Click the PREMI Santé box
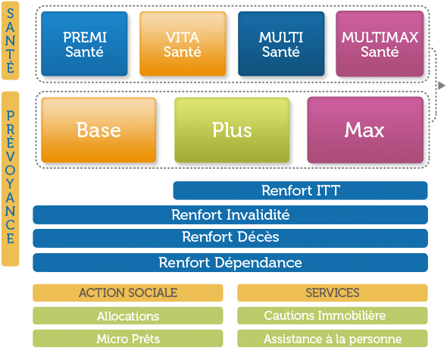(x=84, y=44)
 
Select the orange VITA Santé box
(x=183, y=44)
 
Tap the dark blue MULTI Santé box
(x=281, y=44)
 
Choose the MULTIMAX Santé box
(x=380, y=44)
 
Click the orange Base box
(x=98, y=130)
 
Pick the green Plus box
(x=232, y=130)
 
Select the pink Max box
(x=365, y=130)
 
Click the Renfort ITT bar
(x=301, y=190)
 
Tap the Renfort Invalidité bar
(x=230, y=214)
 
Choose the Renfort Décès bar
(x=230, y=238)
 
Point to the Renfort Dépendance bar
(x=230, y=262)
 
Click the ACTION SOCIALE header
(x=128, y=293)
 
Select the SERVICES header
(x=333, y=293)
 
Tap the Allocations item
(x=128, y=316)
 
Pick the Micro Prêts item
(x=128, y=339)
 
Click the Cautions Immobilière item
(x=333, y=316)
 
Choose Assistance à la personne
(x=333, y=339)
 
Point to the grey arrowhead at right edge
(x=441, y=86)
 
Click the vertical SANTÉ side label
(x=11, y=40)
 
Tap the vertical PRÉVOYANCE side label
(x=11, y=179)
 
